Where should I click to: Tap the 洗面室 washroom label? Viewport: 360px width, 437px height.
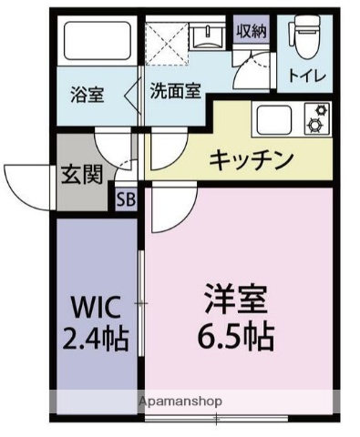[x=176, y=92]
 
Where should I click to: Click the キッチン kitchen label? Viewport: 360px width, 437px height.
[x=252, y=161]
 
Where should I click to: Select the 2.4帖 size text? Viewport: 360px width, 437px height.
[x=95, y=338]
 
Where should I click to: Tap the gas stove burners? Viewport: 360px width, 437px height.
[x=317, y=119]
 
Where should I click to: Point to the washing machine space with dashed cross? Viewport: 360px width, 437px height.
[x=169, y=44]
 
